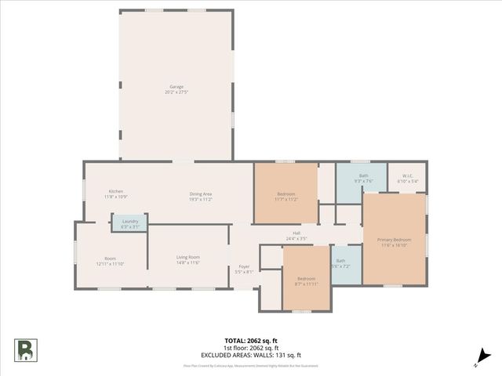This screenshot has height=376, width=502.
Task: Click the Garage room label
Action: (x=176, y=86)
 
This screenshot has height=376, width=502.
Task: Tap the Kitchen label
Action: (x=116, y=191)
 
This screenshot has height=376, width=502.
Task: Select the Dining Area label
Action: (x=201, y=193)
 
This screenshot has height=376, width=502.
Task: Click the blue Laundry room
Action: (x=130, y=223)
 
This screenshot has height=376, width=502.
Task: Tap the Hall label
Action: (x=296, y=233)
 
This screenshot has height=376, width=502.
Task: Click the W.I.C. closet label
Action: (x=408, y=175)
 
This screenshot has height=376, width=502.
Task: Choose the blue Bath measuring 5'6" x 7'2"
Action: (x=340, y=263)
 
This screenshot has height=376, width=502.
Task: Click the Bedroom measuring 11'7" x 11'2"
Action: (x=286, y=196)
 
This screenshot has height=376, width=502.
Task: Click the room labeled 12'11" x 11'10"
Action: (x=110, y=262)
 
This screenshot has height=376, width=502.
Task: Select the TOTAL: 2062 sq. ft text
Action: (x=250, y=341)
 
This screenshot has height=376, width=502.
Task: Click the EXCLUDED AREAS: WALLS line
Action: (x=250, y=354)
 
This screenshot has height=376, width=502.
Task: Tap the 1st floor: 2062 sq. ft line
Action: (x=250, y=348)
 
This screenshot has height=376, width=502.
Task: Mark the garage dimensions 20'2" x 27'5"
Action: (x=176, y=92)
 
